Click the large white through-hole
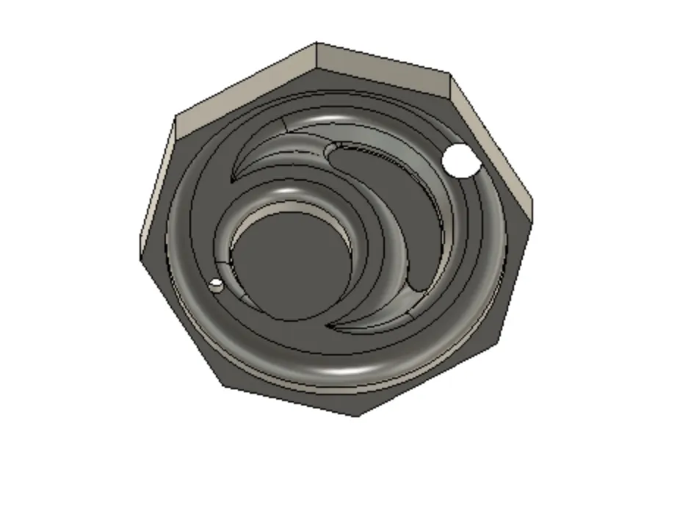point(460,160)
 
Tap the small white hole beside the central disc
point(216,285)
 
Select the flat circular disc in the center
point(291,264)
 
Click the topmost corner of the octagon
point(317,43)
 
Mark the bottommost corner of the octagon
point(358,416)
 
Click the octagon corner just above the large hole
point(449,74)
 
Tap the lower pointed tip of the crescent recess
point(328,325)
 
